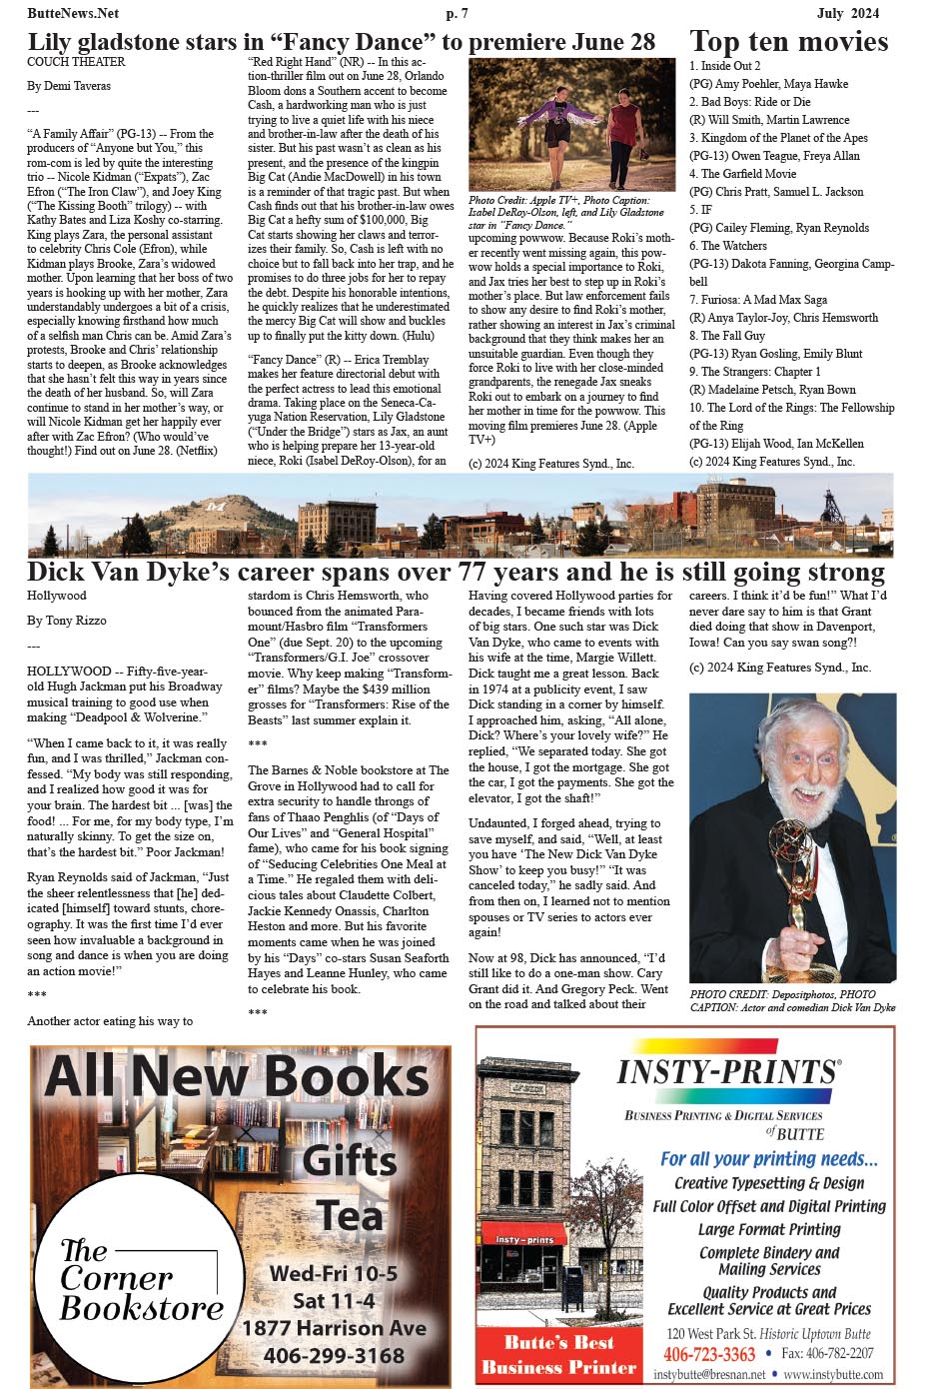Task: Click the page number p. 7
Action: click(x=457, y=13)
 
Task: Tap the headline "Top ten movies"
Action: click(x=788, y=42)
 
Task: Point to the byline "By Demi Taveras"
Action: click(x=69, y=86)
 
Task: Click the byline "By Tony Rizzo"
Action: click(x=66, y=621)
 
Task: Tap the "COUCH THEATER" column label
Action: click(x=76, y=62)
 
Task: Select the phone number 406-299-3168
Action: click(x=334, y=1356)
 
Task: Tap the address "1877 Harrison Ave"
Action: click(x=334, y=1328)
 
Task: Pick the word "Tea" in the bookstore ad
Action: click(x=350, y=1216)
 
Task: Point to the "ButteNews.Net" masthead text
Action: click(x=73, y=13)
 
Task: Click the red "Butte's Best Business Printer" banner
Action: click(x=558, y=1354)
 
